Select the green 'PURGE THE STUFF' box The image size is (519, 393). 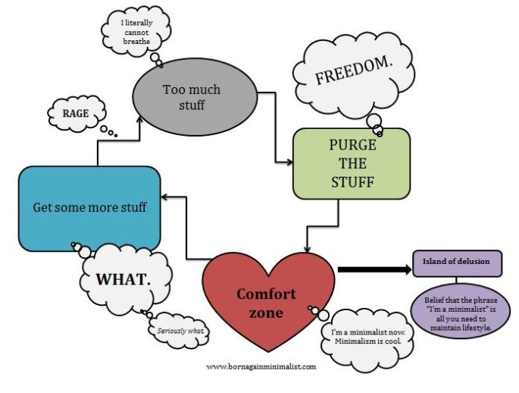tap(351, 163)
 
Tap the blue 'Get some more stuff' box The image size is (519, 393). tap(89, 207)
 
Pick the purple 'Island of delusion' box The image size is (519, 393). tap(457, 263)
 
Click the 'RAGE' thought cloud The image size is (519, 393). tap(75, 115)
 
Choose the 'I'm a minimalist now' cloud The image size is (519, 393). tap(371, 337)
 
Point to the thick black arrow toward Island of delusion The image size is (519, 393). tap(371, 269)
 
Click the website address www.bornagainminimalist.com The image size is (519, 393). tap(261, 366)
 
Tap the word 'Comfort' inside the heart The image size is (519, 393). tap(266, 294)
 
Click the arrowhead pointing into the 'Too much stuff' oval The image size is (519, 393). tap(139, 117)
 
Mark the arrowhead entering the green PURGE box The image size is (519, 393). tap(289, 162)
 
